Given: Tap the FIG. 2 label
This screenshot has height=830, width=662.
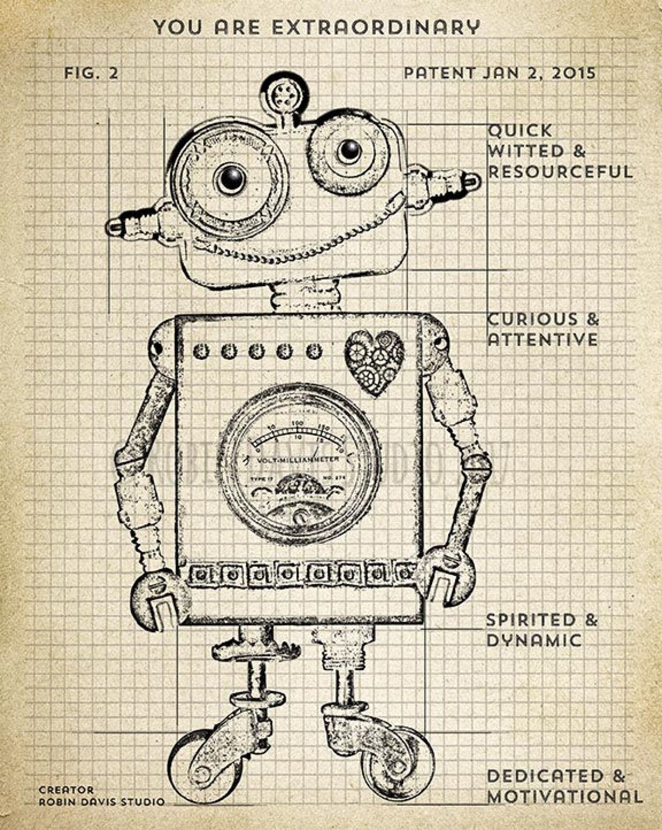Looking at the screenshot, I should coord(91,73).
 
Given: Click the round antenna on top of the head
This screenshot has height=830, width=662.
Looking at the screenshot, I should coord(283,92).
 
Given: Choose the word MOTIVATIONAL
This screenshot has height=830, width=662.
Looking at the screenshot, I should coord(564,796).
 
